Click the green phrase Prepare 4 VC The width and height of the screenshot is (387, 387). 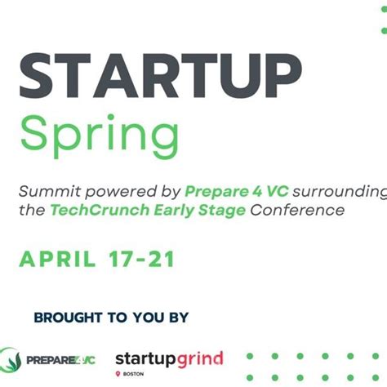coord(232,192)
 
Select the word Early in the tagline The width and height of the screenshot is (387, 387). coord(170,211)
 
